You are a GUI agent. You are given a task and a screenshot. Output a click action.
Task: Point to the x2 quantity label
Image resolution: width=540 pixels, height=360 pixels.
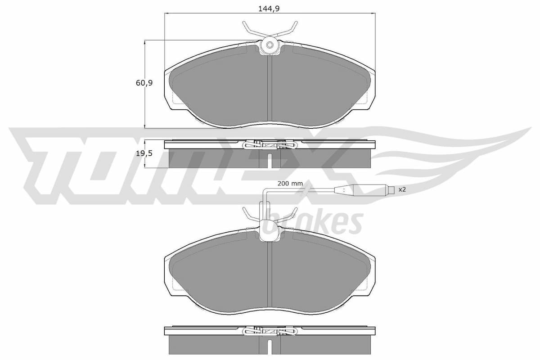click(402, 190)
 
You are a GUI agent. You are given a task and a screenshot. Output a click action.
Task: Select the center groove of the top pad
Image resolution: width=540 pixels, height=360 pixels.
click(270, 90)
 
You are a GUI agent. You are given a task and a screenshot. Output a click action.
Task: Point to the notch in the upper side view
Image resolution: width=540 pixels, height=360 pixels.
click(270, 160)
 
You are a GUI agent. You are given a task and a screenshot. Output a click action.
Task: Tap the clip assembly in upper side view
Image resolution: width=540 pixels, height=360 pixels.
click(270, 145)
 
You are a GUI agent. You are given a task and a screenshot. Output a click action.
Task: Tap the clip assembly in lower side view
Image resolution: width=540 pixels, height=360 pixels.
click(270, 331)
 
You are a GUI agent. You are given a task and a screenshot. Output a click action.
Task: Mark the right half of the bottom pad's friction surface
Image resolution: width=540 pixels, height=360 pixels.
click(319, 274)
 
